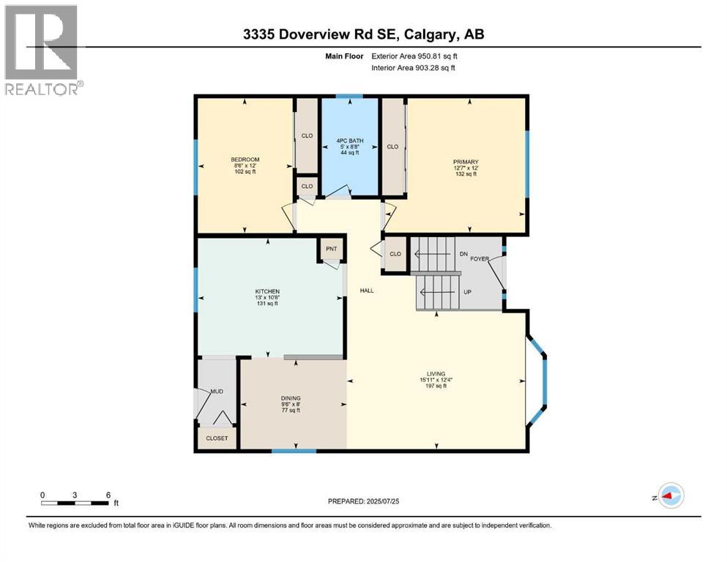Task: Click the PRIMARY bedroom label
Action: (465, 162)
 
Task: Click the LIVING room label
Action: (436, 373)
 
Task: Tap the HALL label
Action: (367, 291)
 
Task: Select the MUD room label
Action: (217, 391)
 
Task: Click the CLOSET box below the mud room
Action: (217, 438)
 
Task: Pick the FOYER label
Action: (480, 258)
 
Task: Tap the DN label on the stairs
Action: (463, 254)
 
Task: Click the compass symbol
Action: (670, 495)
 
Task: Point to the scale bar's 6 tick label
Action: (108, 495)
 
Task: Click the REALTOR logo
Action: (41, 50)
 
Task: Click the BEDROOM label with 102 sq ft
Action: (245, 160)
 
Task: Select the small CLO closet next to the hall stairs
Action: (395, 254)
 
